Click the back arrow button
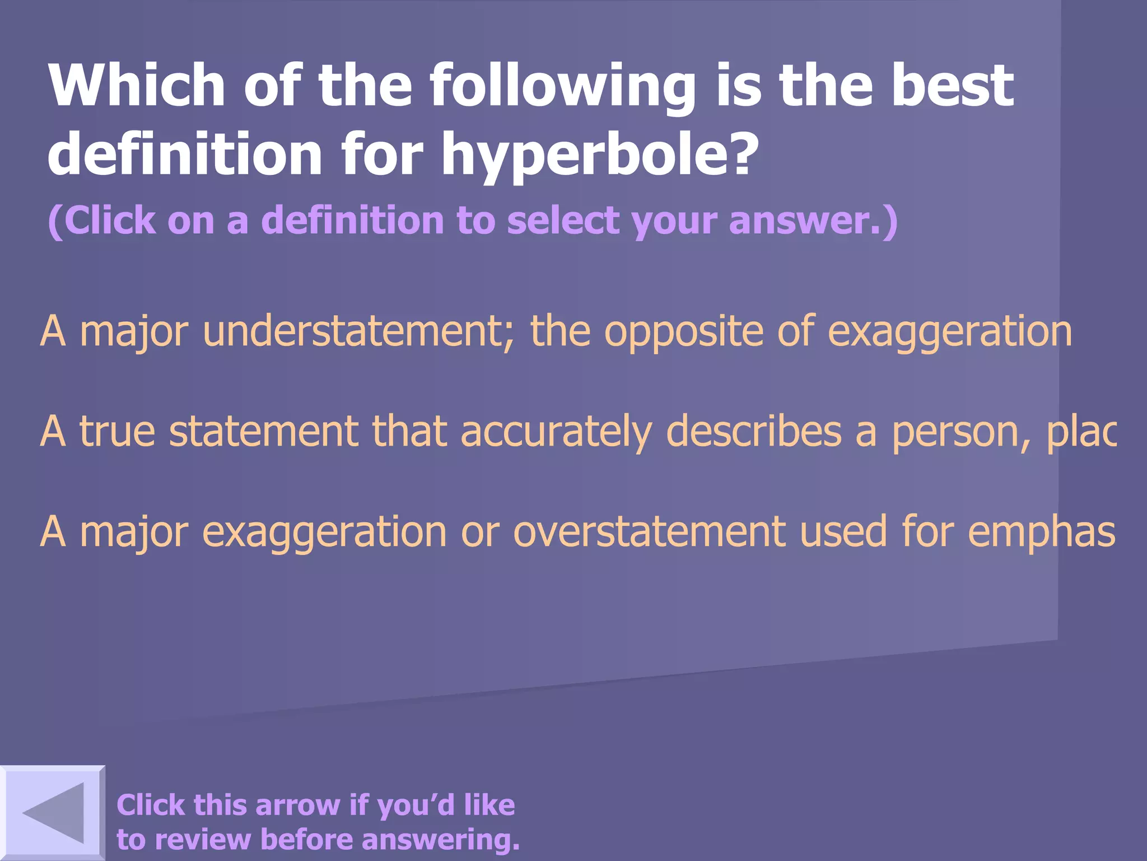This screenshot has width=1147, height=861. [53, 813]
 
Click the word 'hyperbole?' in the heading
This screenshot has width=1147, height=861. [599, 154]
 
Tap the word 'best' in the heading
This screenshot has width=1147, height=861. [952, 85]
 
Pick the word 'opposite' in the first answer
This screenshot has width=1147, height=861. [683, 332]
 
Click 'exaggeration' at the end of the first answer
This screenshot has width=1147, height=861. [950, 332]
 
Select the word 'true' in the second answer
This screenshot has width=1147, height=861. [117, 431]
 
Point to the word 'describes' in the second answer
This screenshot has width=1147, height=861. [754, 431]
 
